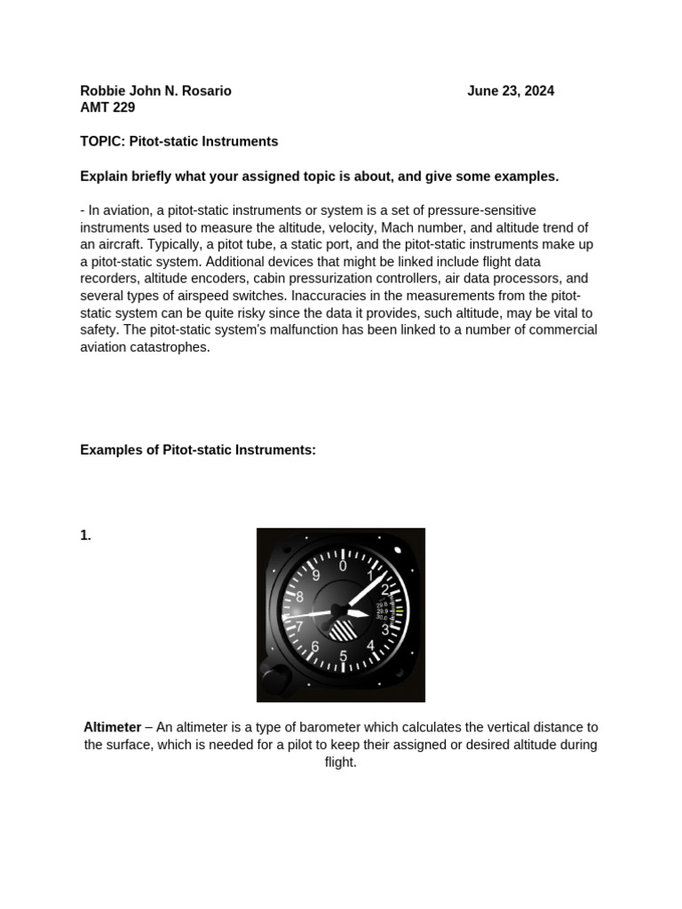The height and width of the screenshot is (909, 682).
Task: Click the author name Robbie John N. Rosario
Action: (155, 91)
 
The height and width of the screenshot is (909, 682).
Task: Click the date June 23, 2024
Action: (511, 91)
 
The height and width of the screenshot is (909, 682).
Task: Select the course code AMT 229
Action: (107, 107)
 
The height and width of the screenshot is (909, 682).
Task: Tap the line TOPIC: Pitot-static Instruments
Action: (178, 141)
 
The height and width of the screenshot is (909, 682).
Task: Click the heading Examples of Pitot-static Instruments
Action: (198, 450)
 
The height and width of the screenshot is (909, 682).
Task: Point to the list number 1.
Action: (85, 535)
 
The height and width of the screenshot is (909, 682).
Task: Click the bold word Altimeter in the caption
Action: (112, 727)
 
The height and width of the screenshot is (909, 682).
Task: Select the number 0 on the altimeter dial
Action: (343, 565)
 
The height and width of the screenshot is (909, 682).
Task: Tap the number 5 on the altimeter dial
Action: (343, 656)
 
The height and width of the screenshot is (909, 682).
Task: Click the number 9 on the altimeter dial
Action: (315, 575)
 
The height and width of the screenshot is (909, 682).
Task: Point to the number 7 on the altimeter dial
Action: (299, 626)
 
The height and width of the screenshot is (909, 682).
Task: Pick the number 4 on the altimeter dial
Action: (370, 645)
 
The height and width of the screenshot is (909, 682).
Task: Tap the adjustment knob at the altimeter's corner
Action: (274, 682)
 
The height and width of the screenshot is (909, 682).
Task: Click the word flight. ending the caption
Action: (341, 762)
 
